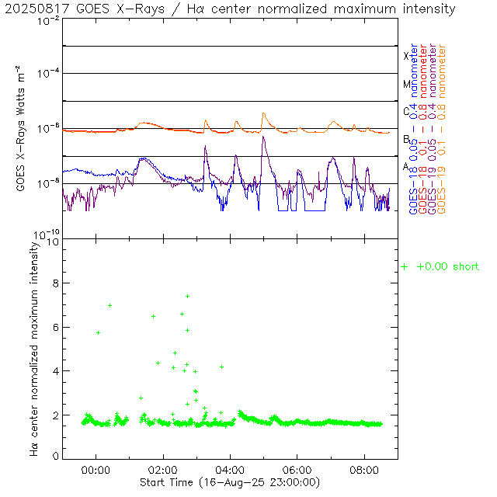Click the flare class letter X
tap(405, 56)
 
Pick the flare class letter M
tap(405, 84)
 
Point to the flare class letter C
tap(405, 111)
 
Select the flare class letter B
tap(405, 139)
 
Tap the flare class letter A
tap(405, 166)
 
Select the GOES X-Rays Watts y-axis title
tap(19, 128)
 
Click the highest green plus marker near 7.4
tap(187, 296)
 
